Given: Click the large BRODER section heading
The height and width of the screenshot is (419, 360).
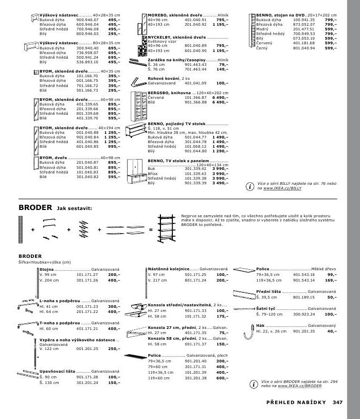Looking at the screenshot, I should coord(35,207).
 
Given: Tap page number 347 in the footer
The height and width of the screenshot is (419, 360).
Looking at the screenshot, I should coord(337,403).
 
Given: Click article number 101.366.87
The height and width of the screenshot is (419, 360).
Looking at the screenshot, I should coord(195,97).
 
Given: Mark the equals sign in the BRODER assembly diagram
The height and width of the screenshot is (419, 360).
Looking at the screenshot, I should coord(151,229).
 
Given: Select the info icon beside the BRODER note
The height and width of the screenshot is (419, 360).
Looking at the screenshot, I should coord(253,382).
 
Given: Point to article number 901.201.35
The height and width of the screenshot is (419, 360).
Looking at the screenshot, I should coord(302,331).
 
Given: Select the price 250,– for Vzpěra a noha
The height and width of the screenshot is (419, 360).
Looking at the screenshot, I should coord(113,349).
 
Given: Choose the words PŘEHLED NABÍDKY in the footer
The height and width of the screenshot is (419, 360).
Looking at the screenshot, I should coord(290,403).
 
